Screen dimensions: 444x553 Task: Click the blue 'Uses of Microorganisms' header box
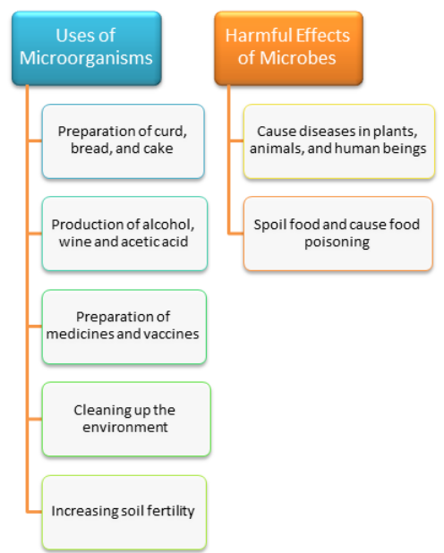[x=87, y=48]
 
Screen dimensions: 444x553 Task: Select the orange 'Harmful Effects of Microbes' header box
[x=289, y=48]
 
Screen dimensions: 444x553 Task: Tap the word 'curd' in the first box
[x=170, y=132]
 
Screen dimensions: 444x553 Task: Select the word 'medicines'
[x=80, y=334]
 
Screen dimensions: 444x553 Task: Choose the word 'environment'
[x=125, y=428]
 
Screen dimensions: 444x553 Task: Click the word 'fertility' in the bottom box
[x=170, y=511]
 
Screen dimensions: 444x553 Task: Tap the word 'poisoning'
[x=337, y=242]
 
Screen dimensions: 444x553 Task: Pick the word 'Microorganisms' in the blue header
[x=86, y=58]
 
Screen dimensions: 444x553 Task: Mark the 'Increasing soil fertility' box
[x=124, y=513]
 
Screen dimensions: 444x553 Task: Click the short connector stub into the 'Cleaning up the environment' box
[x=35, y=419]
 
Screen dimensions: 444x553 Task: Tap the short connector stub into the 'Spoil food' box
[x=236, y=234]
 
